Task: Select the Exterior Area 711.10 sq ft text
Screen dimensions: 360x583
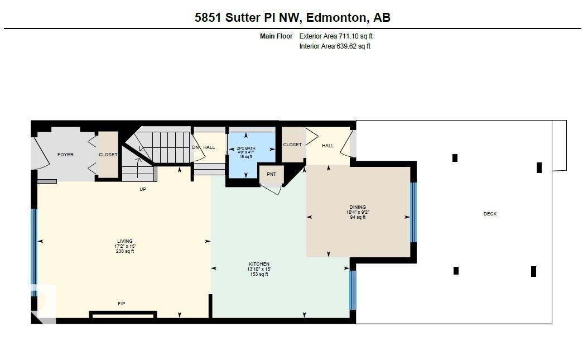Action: click(x=335, y=36)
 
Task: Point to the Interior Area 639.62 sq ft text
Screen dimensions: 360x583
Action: click(x=335, y=46)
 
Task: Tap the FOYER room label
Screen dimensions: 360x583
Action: click(x=65, y=155)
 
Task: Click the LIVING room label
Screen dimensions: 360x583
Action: click(x=124, y=241)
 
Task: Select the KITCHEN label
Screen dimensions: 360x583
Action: click(x=259, y=264)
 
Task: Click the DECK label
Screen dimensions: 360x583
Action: click(x=490, y=214)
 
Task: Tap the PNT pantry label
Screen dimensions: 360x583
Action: click(x=271, y=174)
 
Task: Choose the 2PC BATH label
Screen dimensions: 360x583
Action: click(x=246, y=148)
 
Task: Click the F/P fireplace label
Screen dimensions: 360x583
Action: click(x=121, y=304)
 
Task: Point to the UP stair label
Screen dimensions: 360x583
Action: click(x=142, y=189)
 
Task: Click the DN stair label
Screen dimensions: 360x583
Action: click(x=195, y=147)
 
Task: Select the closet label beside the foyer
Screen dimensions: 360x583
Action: click(x=108, y=155)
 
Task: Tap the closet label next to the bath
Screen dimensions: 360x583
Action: click(x=292, y=145)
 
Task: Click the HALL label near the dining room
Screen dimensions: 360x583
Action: click(x=327, y=146)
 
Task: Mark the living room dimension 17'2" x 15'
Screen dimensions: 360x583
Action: click(x=124, y=246)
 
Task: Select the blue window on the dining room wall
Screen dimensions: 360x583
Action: click(x=413, y=212)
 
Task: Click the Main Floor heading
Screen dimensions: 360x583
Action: click(x=276, y=36)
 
